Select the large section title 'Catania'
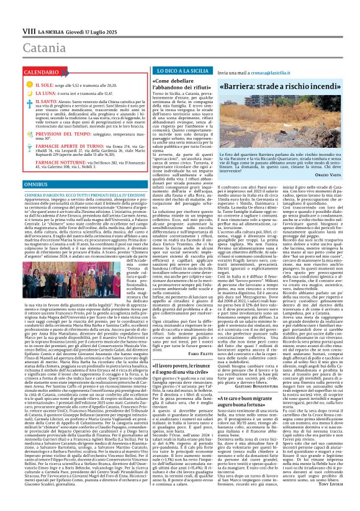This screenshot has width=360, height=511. [x=30, y=30]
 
